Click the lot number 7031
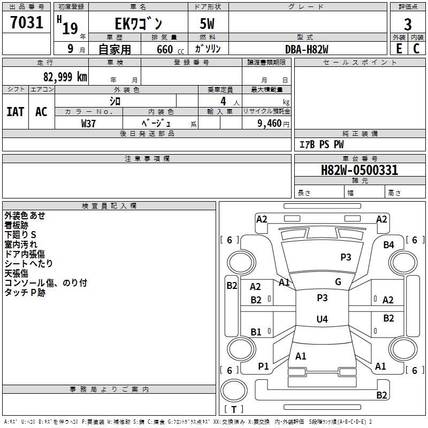[27, 24]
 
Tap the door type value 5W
[207, 25]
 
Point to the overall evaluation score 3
[408, 25]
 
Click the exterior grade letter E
[399, 49]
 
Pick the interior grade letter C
[416, 49]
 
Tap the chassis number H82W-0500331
[359, 170]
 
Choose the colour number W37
[88, 123]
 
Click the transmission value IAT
[15, 111]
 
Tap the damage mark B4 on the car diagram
[388, 244]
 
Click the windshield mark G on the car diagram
[338, 282]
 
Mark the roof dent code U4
[322, 319]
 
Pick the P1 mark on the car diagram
[263, 366]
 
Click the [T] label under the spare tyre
[234, 409]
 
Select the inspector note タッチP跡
[25, 293]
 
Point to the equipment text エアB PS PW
[321, 144]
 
